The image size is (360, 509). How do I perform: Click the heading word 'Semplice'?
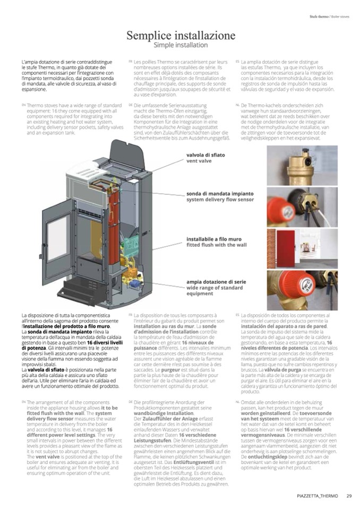[x=151, y=36]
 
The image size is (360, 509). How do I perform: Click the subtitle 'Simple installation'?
[x=180, y=45]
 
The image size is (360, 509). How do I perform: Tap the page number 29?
[x=349, y=496]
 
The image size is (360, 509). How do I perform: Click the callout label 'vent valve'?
[x=199, y=160]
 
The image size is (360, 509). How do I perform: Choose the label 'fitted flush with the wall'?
[x=217, y=245]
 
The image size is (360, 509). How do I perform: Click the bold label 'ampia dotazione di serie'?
[x=216, y=282]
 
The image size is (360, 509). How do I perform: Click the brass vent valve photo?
[x=302, y=165]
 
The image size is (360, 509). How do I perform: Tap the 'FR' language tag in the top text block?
[x=130, y=62]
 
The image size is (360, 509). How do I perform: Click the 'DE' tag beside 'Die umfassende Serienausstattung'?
[x=130, y=105]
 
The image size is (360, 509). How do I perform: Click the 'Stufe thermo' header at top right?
[x=318, y=16]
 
